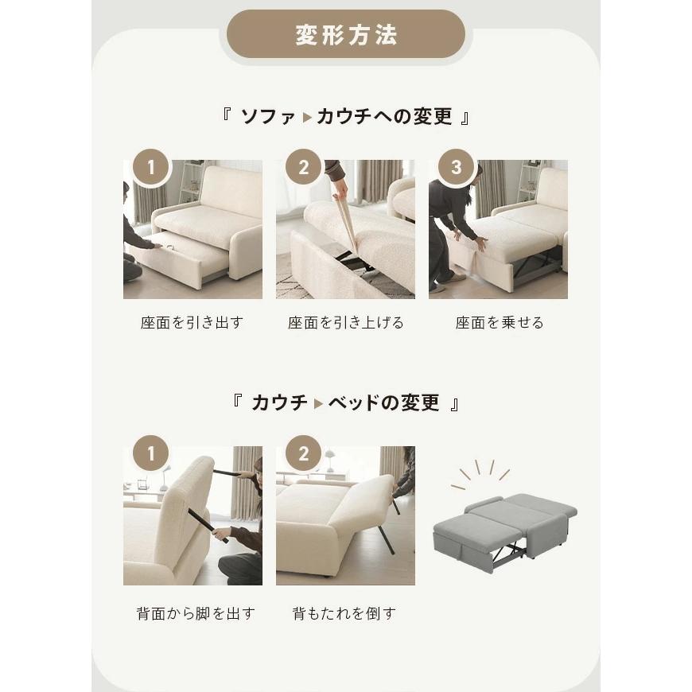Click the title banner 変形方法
[x=346, y=36]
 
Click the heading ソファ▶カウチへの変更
[x=346, y=116]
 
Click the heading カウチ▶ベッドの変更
[x=346, y=402]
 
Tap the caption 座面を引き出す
[x=192, y=323]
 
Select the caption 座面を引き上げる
[x=345, y=323]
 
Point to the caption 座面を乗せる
[x=500, y=323]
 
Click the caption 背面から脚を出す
[x=196, y=613]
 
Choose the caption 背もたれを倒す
[x=344, y=613]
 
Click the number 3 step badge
[x=456, y=168]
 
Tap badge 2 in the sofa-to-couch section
[x=304, y=168]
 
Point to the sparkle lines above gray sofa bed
[x=481, y=472]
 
